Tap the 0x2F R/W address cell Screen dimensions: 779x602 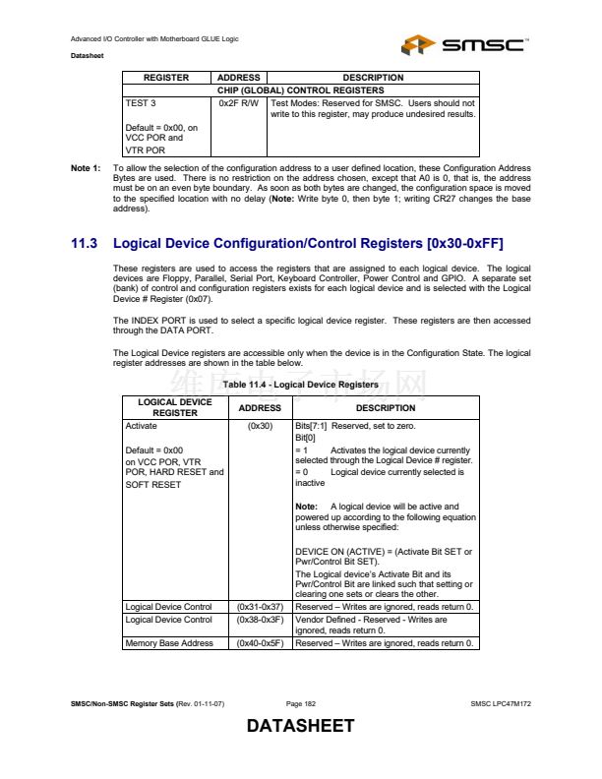click(239, 102)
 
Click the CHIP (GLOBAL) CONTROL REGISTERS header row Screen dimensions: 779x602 click(301, 90)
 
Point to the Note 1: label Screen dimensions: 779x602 click(86, 168)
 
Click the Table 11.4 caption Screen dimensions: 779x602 click(300, 385)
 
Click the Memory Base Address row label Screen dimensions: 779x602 click(169, 643)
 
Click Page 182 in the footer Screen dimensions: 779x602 click(301, 704)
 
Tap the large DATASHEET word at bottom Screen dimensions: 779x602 click(300, 727)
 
